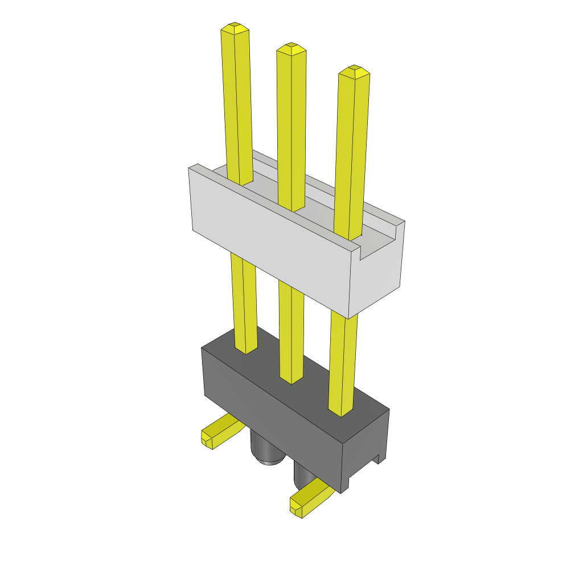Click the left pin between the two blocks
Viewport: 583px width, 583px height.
244,302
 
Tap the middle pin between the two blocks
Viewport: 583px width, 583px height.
291,330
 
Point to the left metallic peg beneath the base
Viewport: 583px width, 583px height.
264,450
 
